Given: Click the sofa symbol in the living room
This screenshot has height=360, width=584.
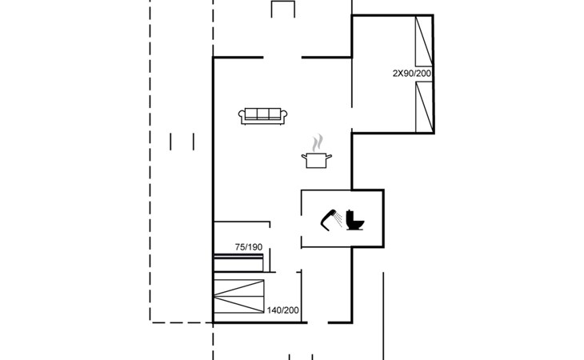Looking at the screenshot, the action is click(x=262, y=116).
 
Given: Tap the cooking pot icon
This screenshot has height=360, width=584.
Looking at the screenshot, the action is click(x=316, y=160).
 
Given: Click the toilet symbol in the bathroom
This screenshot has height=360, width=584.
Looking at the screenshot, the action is click(x=354, y=220).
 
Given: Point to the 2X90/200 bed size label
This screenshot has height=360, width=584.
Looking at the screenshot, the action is click(x=412, y=74).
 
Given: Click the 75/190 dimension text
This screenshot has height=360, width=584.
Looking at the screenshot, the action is click(x=249, y=247).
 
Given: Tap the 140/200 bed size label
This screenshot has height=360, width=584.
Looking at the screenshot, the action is click(x=282, y=310).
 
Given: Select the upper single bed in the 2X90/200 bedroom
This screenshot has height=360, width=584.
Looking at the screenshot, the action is click(x=424, y=42).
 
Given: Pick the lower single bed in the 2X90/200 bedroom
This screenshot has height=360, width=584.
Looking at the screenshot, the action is click(x=424, y=107).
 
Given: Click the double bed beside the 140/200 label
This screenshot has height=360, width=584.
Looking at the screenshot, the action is click(x=238, y=296).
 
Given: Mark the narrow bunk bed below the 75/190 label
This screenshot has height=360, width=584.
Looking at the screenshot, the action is click(x=238, y=263).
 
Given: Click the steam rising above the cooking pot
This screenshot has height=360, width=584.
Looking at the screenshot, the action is click(x=318, y=143).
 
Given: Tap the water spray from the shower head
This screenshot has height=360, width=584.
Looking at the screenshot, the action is click(x=338, y=219).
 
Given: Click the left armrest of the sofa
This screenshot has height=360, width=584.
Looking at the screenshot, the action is click(x=242, y=115).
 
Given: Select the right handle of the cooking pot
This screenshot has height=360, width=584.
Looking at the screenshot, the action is click(x=329, y=156).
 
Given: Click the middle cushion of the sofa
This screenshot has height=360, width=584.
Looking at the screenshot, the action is click(x=262, y=114).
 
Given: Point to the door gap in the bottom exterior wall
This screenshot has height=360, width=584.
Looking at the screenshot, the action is click(x=318, y=322).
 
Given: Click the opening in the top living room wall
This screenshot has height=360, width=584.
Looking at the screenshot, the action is click(x=282, y=58).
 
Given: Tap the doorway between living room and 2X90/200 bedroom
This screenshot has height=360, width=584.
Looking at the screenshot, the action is click(x=351, y=118).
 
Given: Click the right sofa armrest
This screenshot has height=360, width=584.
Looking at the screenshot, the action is click(x=284, y=115).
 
